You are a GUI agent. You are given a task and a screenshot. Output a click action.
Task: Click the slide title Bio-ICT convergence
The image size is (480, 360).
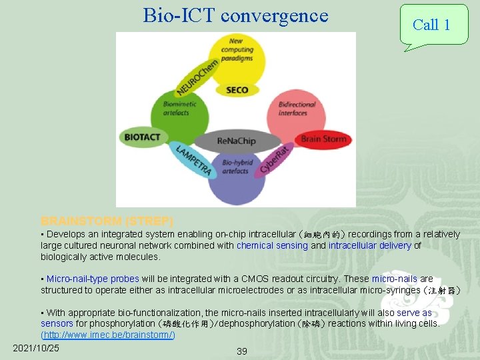pos(235,15)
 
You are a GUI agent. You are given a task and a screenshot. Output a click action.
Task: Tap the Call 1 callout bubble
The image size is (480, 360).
pos(431,25)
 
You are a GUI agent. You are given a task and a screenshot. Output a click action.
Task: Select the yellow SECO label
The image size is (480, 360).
pos(237,90)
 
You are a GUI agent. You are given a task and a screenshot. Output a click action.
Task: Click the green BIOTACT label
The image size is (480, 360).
pos(142,137)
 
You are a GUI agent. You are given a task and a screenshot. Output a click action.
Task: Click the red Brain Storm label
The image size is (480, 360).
pos(324,139)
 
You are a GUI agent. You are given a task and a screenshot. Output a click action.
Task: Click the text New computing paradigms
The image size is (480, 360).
pos(237,49)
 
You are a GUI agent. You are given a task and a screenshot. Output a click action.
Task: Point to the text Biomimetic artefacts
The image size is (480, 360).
pos(175,109)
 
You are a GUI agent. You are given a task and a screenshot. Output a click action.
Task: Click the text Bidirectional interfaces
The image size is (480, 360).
pos(297,109)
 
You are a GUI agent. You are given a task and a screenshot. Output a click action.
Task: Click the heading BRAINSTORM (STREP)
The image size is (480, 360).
pos(107,221)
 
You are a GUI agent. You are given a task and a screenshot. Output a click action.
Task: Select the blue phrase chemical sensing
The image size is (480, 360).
pos(272,245)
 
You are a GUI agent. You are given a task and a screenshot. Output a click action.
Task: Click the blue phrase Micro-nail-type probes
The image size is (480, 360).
pos(93,279)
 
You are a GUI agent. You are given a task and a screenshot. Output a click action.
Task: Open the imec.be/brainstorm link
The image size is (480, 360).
pos(108,335)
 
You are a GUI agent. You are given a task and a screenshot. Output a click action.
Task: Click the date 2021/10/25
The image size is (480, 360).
pos(36,348)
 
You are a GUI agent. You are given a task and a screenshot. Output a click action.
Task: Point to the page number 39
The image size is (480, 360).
pos(241,351)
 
